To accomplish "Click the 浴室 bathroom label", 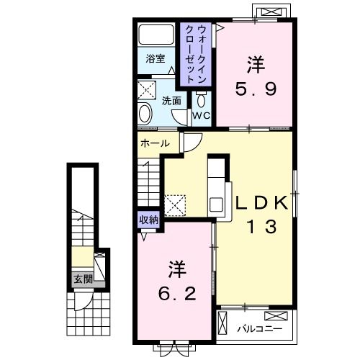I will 156,59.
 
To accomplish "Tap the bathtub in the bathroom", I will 156,37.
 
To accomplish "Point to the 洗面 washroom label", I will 171,102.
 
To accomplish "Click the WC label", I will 200,116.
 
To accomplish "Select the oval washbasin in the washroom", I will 144,114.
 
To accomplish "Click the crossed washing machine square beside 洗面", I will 148,90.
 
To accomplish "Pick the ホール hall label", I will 155,143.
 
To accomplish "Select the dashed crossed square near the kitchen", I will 175,205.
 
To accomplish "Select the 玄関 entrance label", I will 80,279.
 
